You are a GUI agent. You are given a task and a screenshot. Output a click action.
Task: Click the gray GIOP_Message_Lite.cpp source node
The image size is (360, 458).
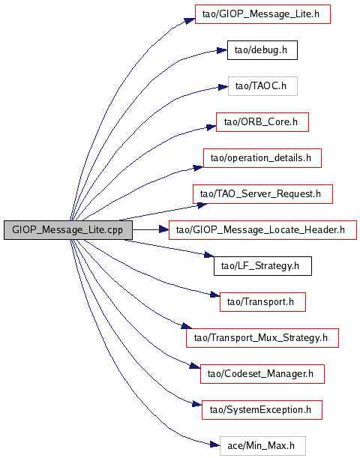point(68,230)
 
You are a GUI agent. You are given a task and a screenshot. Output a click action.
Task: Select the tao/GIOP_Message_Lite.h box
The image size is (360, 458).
point(262,14)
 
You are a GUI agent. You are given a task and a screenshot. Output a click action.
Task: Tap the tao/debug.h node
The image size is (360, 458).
point(262,50)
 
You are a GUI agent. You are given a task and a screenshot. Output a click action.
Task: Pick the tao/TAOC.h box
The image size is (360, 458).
point(262,86)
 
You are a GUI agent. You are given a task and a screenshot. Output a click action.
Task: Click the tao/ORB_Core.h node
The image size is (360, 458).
point(262,122)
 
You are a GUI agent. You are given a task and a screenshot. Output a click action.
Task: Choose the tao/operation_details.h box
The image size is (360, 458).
point(262,158)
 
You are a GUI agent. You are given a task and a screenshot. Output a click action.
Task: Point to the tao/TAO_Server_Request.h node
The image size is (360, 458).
point(262,194)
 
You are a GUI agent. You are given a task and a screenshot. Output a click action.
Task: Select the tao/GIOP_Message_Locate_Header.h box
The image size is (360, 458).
point(262,230)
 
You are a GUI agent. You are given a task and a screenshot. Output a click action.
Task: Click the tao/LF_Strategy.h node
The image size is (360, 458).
point(262,266)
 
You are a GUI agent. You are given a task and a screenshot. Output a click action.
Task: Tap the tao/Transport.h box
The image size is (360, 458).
point(262,302)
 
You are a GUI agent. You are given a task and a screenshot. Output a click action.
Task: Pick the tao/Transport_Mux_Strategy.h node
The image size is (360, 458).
point(262,338)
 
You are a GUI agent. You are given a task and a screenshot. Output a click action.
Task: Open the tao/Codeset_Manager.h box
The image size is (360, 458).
point(262,374)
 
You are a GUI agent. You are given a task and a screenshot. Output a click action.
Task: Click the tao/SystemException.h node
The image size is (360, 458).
point(262,410)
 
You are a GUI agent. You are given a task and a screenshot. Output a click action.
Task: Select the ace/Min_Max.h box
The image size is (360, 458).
point(262,446)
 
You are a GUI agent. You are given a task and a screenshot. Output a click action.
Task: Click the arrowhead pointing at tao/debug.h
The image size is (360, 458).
point(222,50)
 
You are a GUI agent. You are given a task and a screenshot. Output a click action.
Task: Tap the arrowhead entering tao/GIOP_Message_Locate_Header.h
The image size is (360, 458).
point(163,230)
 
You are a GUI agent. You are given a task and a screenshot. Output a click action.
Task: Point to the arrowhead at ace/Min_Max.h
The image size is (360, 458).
point(214,445)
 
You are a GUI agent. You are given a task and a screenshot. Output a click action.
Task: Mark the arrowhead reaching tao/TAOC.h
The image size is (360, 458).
point(223,87)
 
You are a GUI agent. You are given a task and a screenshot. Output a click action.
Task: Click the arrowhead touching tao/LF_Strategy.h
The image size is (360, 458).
point(209,255)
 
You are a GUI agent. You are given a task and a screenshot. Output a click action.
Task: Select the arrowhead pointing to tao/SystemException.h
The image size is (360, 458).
point(196,404)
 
